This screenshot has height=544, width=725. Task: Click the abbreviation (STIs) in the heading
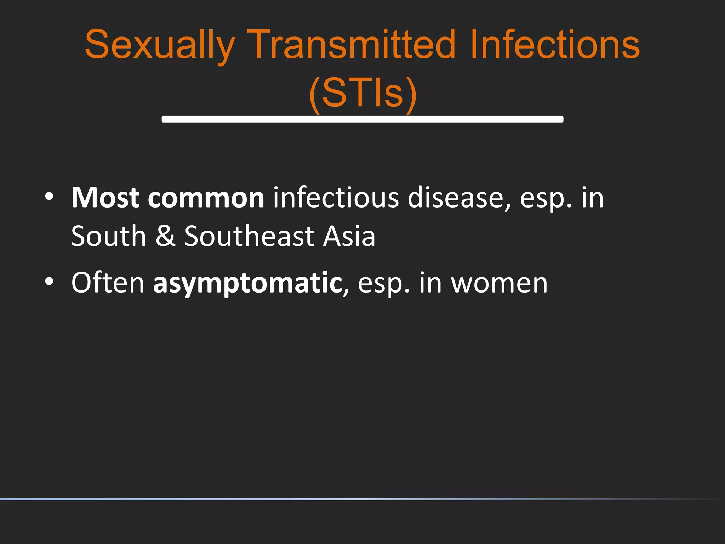pos(362,93)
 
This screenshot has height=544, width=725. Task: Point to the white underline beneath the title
pos(362,119)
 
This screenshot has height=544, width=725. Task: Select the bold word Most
pos(105,198)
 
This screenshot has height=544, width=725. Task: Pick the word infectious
pos(336,198)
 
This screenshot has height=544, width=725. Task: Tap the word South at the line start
pos(109,236)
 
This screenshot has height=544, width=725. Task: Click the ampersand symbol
pos(165,236)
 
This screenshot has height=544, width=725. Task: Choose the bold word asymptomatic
pos(247,283)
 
